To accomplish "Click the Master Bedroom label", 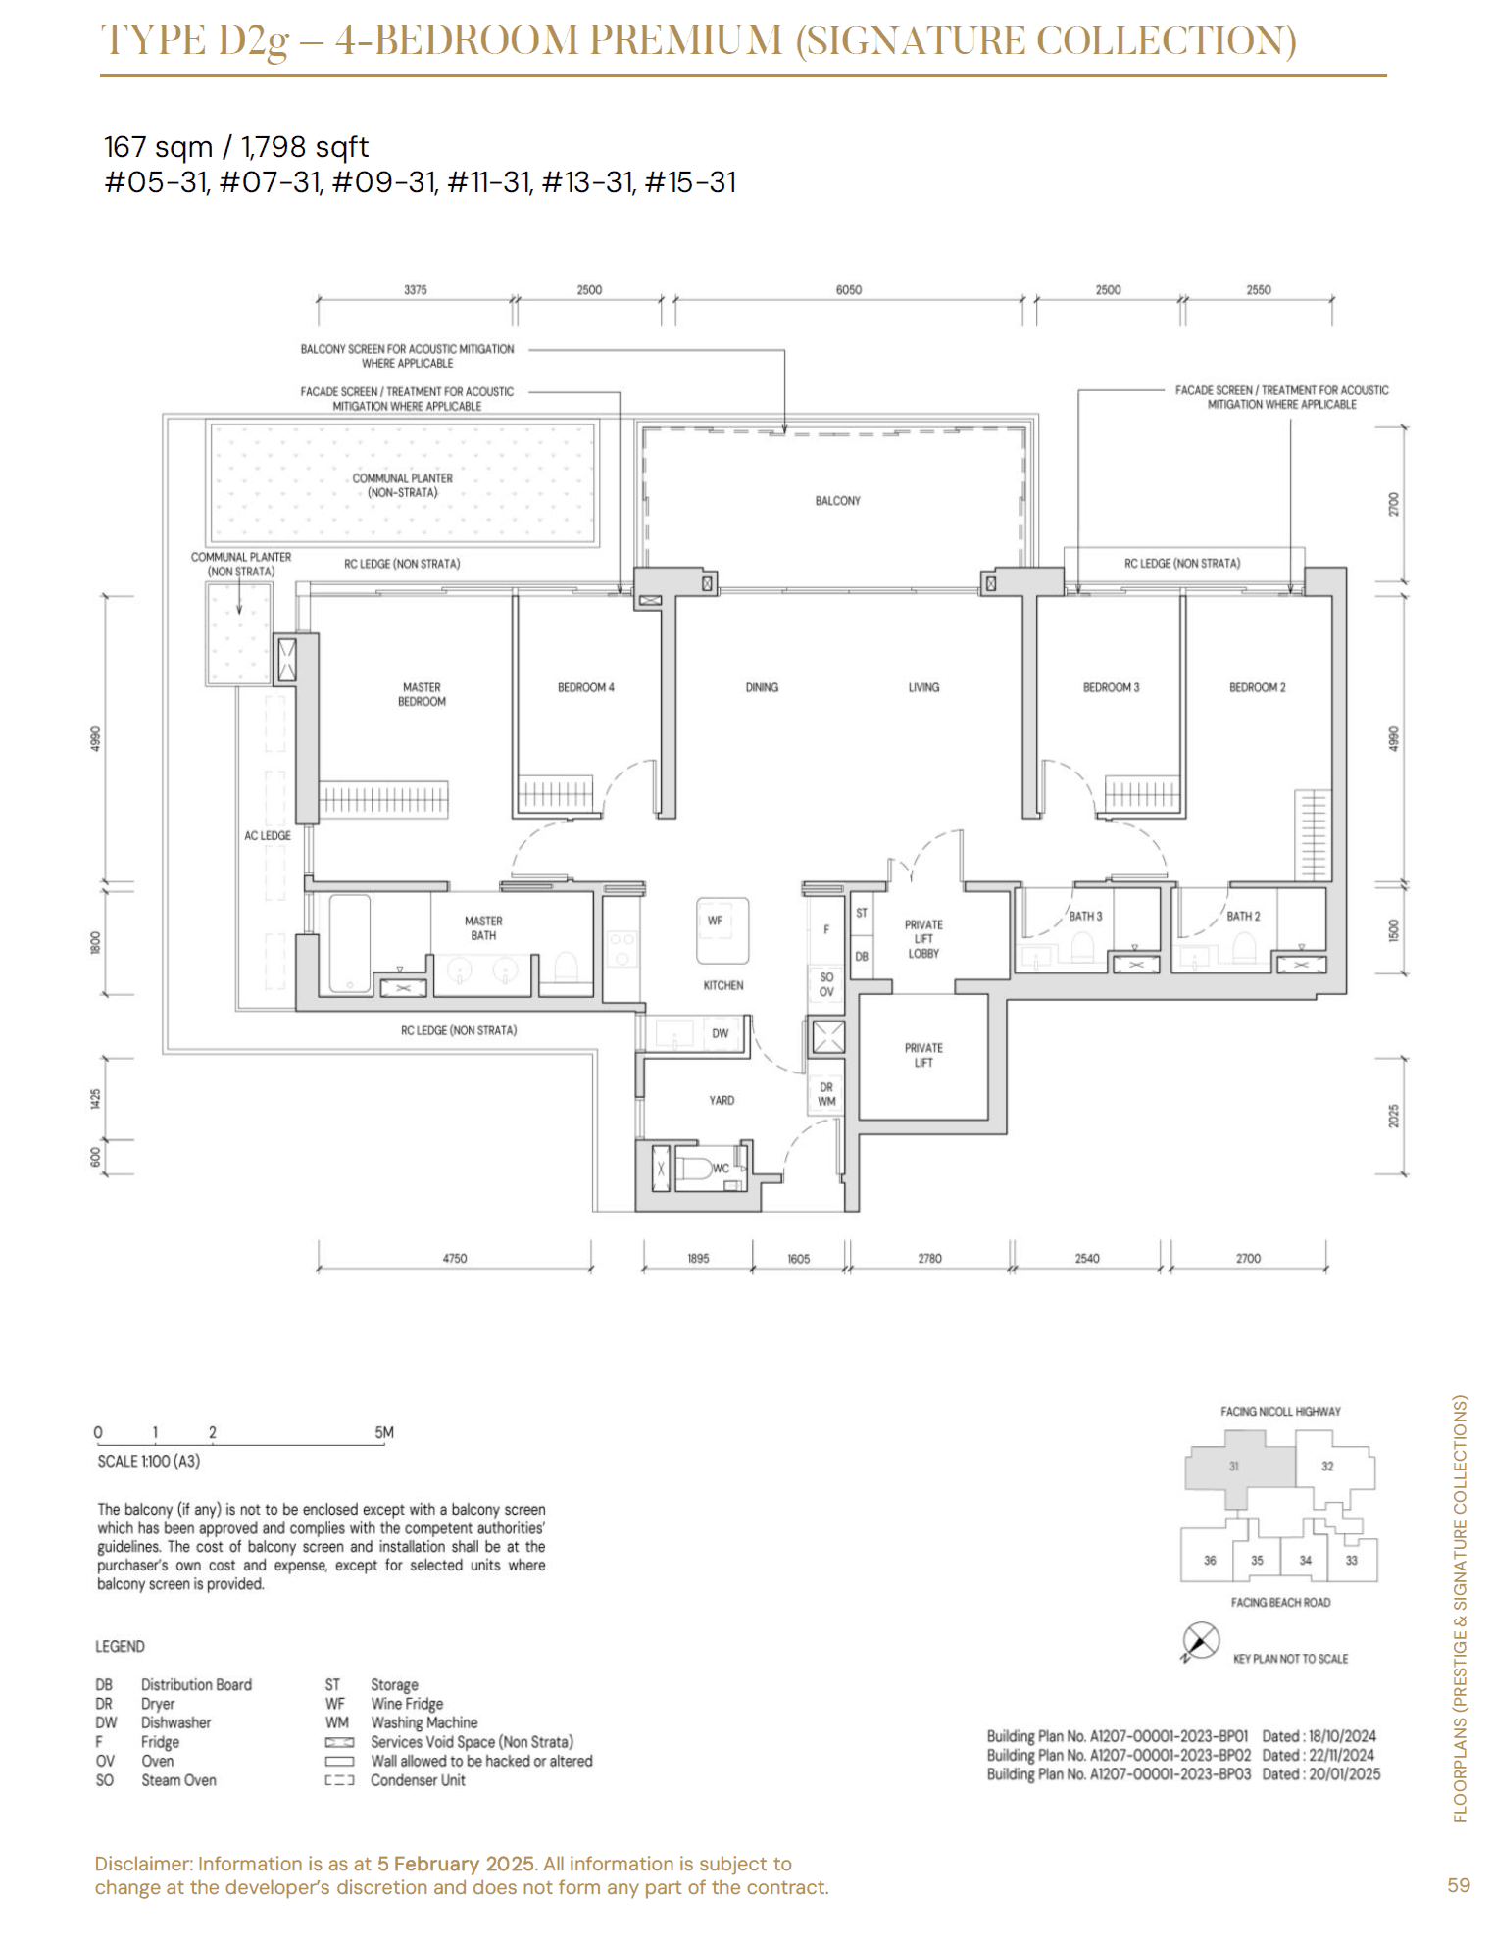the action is pyautogui.click(x=422, y=694).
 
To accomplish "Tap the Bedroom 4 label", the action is pyautogui.click(x=586, y=687).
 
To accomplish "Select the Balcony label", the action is pyautogui.click(x=838, y=501).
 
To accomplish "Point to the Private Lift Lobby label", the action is pyautogui.click(x=923, y=939).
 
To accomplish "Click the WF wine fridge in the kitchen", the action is pyautogui.click(x=722, y=930).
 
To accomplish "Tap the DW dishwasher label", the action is pyautogui.click(x=721, y=1033).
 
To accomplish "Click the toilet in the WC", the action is pyautogui.click(x=697, y=1169).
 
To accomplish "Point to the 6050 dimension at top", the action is pyautogui.click(x=849, y=290).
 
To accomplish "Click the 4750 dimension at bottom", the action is pyautogui.click(x=455, y=1258).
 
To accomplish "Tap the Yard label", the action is pyautogui.click(x=722, y=1101).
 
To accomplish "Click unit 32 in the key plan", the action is pyautogui.click(x=1327, y=1467).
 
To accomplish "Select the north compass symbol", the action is pyautogui.click(x=1202, y=1641).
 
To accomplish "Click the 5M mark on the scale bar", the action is pyautogui.click(x=384, y=1432).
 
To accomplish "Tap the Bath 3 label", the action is pyautogui.click(x=1085, y=917).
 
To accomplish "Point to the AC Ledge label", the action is pyautogui.click(x=268, y=836).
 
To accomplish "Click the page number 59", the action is pyautogui.click(x=1459, y=1885).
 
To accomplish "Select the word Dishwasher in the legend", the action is pyautogui.click(x=176, y=1722).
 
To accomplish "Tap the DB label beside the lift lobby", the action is pyautogui.click(x=862, y=957).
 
